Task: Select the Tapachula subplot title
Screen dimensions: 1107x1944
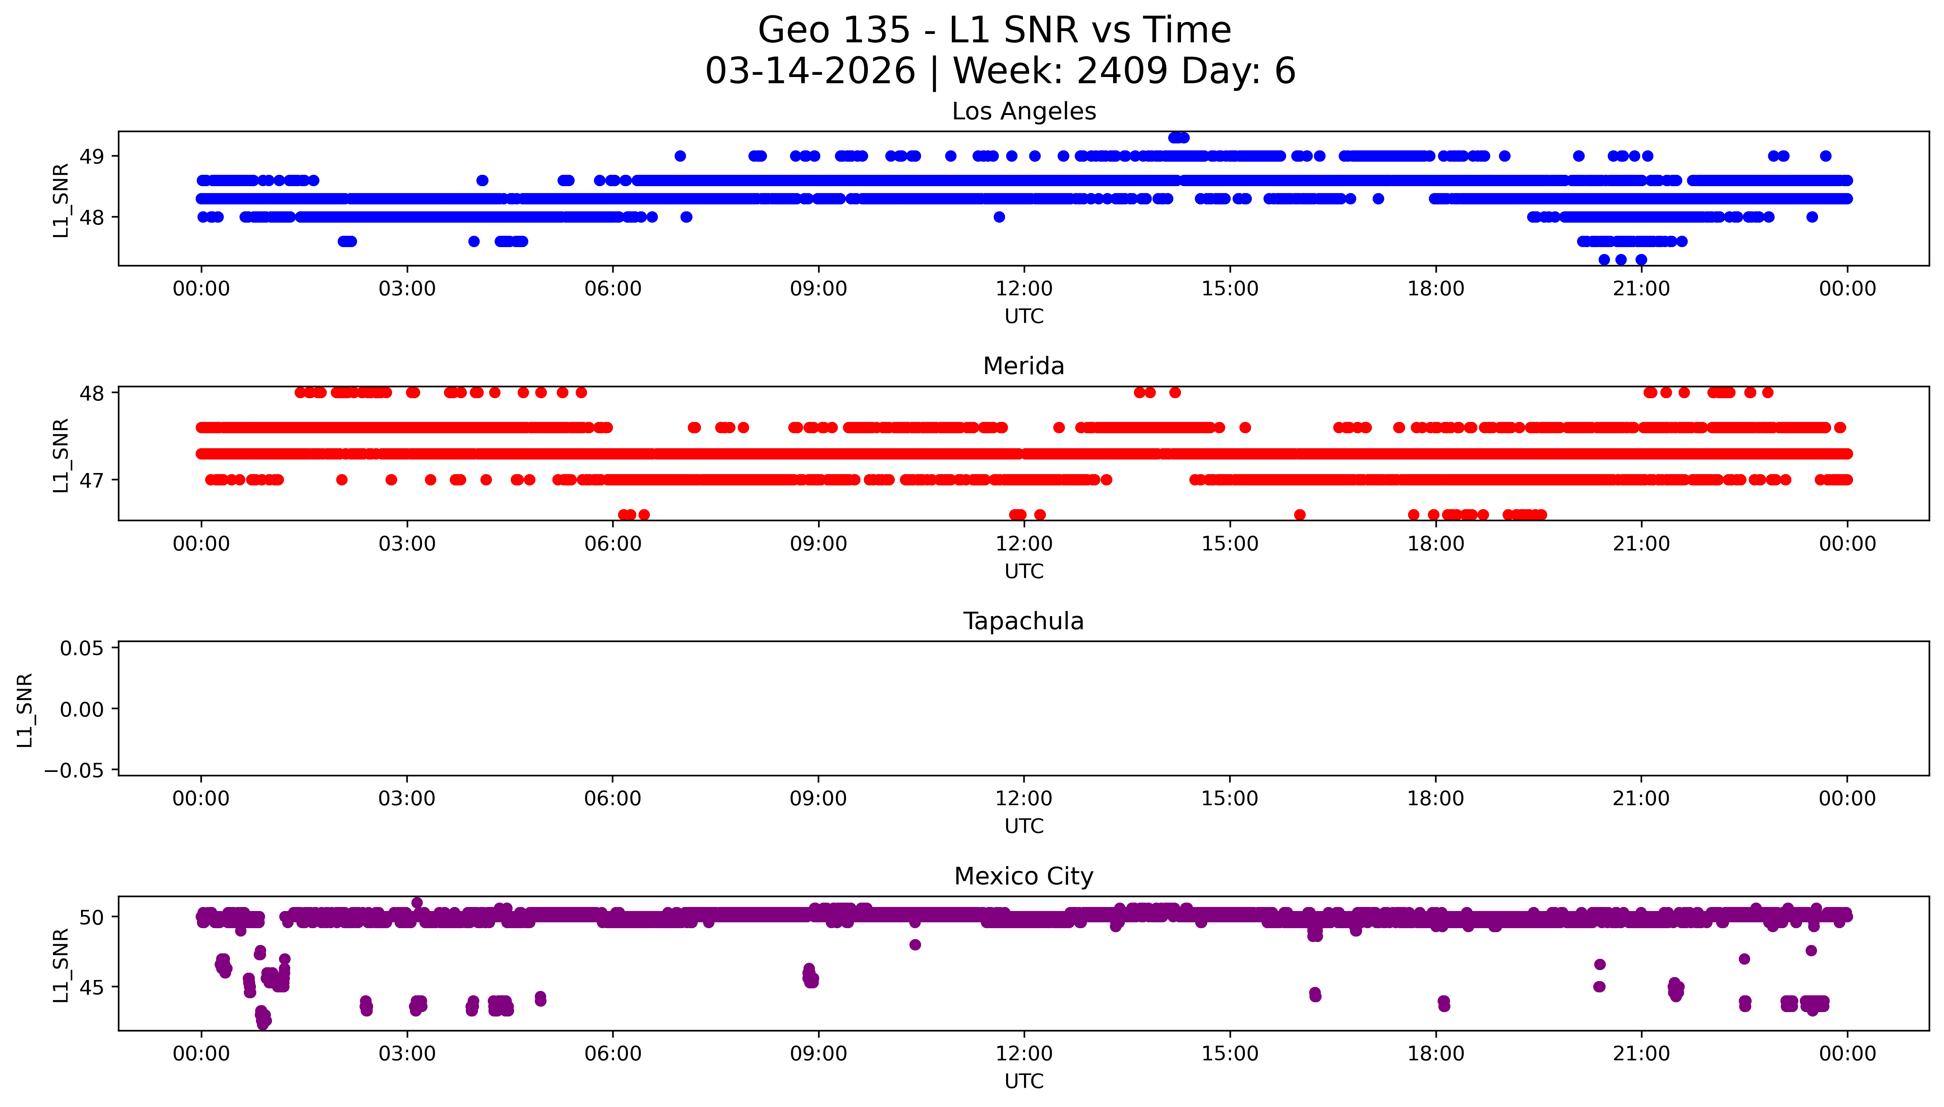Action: pos(1023,621)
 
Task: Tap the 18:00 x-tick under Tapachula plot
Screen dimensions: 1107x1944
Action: pos(1435,798)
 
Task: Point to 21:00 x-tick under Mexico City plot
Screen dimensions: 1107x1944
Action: pos(1641,1054)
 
